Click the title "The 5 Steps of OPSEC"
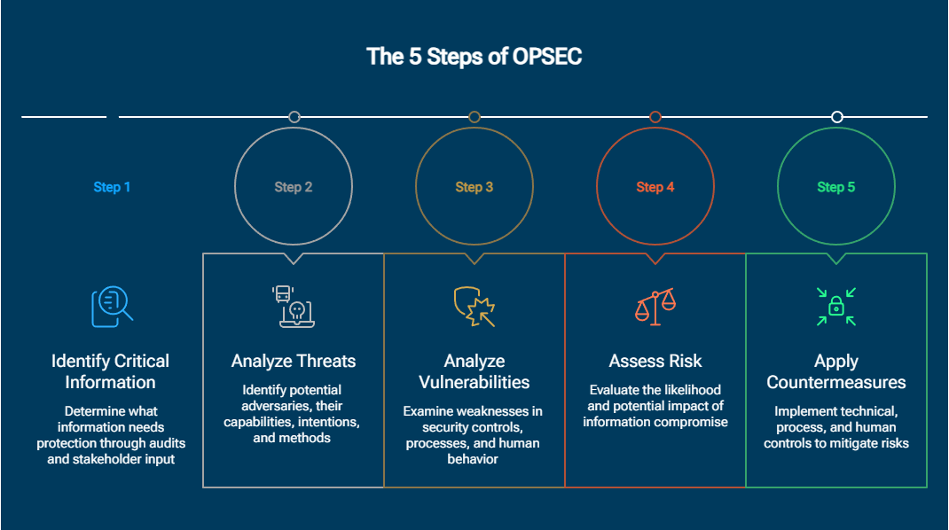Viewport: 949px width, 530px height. [474, 57]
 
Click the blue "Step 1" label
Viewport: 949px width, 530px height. [112, 187]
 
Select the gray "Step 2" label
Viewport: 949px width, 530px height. [294, 187]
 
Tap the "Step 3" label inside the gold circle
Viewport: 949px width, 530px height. [474, 187]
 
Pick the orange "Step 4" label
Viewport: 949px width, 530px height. [655, 187]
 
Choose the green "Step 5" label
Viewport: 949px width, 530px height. [836, 187]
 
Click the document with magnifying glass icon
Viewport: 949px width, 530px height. [112, 307]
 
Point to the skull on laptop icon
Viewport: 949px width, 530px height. [294, 307]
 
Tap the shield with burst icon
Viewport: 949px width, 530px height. [474, 307]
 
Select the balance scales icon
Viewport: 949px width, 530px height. [655, 307]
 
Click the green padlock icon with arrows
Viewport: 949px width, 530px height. [836, 307]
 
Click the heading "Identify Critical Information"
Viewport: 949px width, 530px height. [110, 371]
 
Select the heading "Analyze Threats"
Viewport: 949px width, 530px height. [294, 361]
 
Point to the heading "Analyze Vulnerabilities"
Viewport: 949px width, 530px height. [474, 371]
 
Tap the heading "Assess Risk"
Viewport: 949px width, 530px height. [655, 361]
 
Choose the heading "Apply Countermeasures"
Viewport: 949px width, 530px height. [836, 371]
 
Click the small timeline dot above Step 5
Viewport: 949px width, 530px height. [836, 117]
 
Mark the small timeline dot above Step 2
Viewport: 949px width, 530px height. [294, 117]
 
